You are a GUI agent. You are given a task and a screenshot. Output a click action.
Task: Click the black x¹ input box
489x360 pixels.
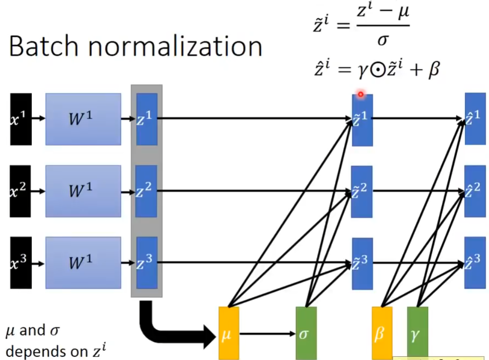(x=21, y=119)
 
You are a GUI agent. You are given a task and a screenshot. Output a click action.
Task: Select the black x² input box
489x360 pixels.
(x=20, y=191)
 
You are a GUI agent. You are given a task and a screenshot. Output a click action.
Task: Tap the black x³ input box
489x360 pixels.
(x=21, y=263)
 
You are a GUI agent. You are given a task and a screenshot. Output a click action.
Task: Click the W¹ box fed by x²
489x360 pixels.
(x=83, y=191)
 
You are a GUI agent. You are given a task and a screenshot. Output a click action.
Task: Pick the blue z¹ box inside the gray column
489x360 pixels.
(x=147, y=119)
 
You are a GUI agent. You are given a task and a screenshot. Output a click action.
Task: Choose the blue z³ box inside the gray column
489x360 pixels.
(x=147, y=263)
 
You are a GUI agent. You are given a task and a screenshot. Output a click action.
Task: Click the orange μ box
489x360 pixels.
(x=229, y=333)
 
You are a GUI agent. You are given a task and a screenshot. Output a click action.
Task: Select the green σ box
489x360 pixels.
(x=306, y=333)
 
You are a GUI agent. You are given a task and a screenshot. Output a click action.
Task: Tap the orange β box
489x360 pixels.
(x=382, y=333)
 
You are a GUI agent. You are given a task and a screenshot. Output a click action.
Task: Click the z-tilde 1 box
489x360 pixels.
(x=362, y=120)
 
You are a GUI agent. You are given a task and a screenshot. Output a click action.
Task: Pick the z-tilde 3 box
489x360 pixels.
(x=362, y=264)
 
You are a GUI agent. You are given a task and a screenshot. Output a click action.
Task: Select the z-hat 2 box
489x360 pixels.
(x=475, y=191)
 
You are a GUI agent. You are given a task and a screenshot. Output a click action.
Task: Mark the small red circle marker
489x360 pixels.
(x=361, y=94)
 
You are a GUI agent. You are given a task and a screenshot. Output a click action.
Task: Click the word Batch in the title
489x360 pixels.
(x=43, y=46)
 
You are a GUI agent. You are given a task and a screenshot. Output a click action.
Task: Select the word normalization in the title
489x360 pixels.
(x=175, y=46)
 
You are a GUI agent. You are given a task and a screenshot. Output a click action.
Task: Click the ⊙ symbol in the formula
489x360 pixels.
(x=378, y=70)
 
